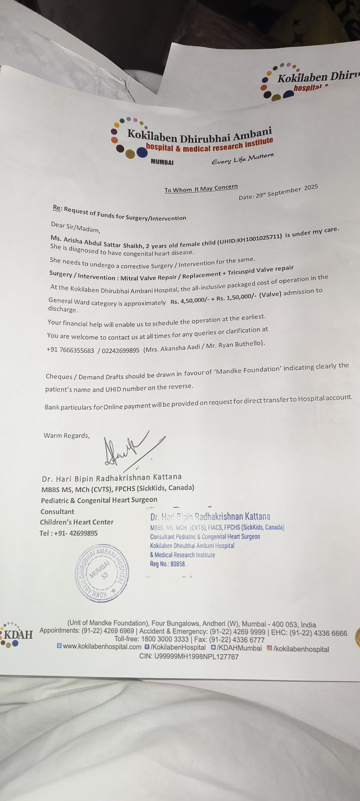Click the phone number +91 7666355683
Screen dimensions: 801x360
[70, 350]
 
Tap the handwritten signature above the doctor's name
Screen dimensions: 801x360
[128, 451]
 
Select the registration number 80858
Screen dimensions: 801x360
[178, 564]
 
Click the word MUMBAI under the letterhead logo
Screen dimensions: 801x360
[162, 162]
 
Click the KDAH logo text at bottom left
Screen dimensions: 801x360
[18, 635]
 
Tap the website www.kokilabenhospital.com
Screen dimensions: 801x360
[102, 647]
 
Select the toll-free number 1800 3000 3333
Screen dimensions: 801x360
[165, 639]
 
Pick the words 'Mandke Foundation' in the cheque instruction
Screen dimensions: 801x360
[248, 370]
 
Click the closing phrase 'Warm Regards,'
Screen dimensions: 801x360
[67, 435]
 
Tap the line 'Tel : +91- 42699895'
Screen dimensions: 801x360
[69, 533]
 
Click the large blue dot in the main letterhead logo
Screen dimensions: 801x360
[142, 152]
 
